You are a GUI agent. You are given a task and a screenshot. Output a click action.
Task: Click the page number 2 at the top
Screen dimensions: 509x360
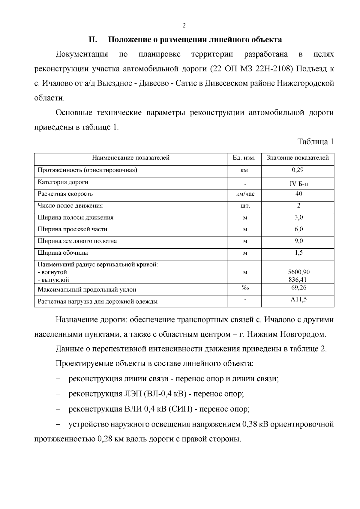coord(184,25)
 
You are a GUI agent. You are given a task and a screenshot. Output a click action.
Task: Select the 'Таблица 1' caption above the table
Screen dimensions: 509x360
coord(315,142)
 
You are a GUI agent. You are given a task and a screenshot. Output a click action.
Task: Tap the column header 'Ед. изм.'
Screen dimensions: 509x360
coord(244,158)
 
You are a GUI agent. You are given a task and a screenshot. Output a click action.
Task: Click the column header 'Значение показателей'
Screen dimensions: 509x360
coord(298,158)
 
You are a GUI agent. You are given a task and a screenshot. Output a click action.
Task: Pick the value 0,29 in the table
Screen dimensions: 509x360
coord(298,170)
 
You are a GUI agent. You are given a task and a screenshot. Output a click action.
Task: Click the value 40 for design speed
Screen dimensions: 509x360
coord(298,194)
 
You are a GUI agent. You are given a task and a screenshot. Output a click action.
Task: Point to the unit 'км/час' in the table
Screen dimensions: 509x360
coord(245,194)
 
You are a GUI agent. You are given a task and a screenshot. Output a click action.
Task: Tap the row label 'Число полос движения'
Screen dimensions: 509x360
coord(70,206)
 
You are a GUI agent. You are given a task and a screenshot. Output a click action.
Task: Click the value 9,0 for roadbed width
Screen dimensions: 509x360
coord(298,241)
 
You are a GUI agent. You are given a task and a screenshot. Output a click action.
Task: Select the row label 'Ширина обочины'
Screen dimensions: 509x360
coord(63,253)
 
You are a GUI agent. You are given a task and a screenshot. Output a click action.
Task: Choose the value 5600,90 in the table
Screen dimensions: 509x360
coord(298,272)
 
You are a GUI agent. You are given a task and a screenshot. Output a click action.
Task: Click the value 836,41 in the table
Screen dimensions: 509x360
coord(298,280)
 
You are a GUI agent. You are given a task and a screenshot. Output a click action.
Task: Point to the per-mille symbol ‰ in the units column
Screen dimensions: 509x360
coord(245,288)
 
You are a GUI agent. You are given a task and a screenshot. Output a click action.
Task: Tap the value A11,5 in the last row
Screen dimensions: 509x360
coord(298,299)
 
